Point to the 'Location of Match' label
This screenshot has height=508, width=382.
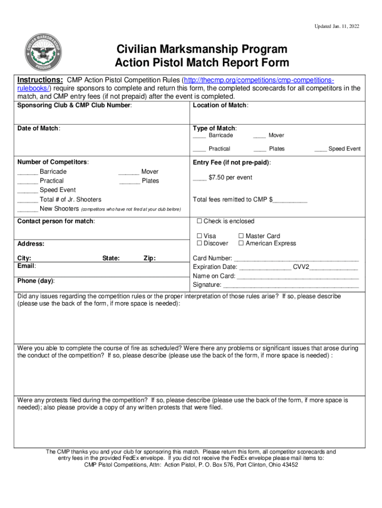(220, 105)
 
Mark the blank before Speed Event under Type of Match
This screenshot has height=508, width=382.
(320, 149)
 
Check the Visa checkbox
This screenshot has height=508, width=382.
(199, 236)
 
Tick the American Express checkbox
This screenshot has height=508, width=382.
(241, 244)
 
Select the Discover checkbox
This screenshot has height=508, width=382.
(199, 244)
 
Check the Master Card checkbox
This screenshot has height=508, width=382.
(241, 236)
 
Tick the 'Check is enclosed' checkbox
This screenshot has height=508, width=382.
(199, 221)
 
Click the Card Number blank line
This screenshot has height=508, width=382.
(296, 259)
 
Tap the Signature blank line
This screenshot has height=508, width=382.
(291, 285)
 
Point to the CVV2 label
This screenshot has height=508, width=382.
(301, 267)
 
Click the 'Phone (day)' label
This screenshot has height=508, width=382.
(36, 281)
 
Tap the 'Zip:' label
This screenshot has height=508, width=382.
(149, 258)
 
